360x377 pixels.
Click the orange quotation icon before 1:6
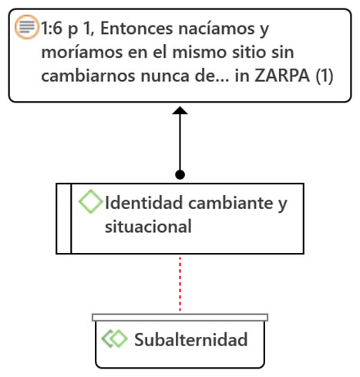pyautogui.click(x=27, y=27)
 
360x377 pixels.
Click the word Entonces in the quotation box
pyautogui.click(x=136, y=29)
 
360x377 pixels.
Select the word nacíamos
pyautogui.click(x=217, y=29)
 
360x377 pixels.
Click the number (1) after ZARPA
pyautogui.click(x=325, y=76)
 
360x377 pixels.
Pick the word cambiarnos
pyautogui.click(x=88, y=76)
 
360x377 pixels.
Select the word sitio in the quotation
pyautogui.click(x=247, y=52)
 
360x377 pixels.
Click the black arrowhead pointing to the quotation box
pyautogui.click(x=180, y=110)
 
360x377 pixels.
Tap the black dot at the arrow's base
pyautogui.click(x=180, y=174)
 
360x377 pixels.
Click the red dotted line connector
pyautogui.click(x=180, y=284)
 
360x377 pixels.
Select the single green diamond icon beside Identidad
pyautogui.click(x=90, y=201)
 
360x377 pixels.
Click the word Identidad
pyautogui.click(x=144, y=203)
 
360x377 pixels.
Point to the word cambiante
pyautogui.click(x=230, y=203)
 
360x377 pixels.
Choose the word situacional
pyautogui.click(x=148, y=227)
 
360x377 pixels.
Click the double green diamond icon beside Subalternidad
pyautogui.click(x=114, y=338)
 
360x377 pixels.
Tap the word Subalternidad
pyautogui.click(x=191, y=339)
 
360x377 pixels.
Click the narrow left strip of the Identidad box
pyautogui.click(x=64, y=219)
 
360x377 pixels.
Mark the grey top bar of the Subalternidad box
pyautogui.click(x=180, y=318)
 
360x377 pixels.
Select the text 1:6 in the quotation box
pyautogui.click(x=52, y=29)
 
